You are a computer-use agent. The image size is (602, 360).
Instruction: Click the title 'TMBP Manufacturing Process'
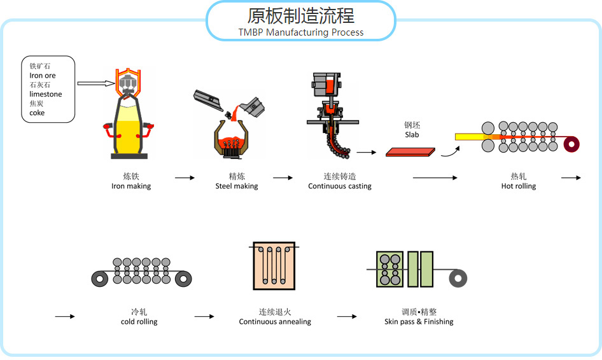(301, 32)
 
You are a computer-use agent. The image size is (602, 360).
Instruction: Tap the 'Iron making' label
(131, 186)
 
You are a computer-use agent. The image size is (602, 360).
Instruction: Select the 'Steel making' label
(237, 186)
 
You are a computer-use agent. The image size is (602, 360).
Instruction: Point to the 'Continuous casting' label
(340, 186)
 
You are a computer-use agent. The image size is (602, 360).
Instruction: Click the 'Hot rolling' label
(519, 186)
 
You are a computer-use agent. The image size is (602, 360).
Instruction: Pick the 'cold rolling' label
(139, 322)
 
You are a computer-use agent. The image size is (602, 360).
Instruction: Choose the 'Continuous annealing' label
(275, 322)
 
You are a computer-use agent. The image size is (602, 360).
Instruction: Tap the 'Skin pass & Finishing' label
(419, 322)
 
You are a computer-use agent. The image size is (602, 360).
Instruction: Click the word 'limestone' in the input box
(46, 94)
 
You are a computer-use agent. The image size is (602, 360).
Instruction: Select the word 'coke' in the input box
(38, 113)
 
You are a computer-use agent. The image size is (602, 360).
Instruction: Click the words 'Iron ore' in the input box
(43, 76)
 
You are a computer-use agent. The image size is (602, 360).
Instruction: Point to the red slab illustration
(411, 151)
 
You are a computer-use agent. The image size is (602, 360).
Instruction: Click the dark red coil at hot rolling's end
(572, 145)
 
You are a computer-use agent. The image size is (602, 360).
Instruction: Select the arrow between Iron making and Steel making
(185, 178)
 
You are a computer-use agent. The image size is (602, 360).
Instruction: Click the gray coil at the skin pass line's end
(458, 278)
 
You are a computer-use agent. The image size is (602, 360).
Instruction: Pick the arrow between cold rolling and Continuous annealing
(204, 316)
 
